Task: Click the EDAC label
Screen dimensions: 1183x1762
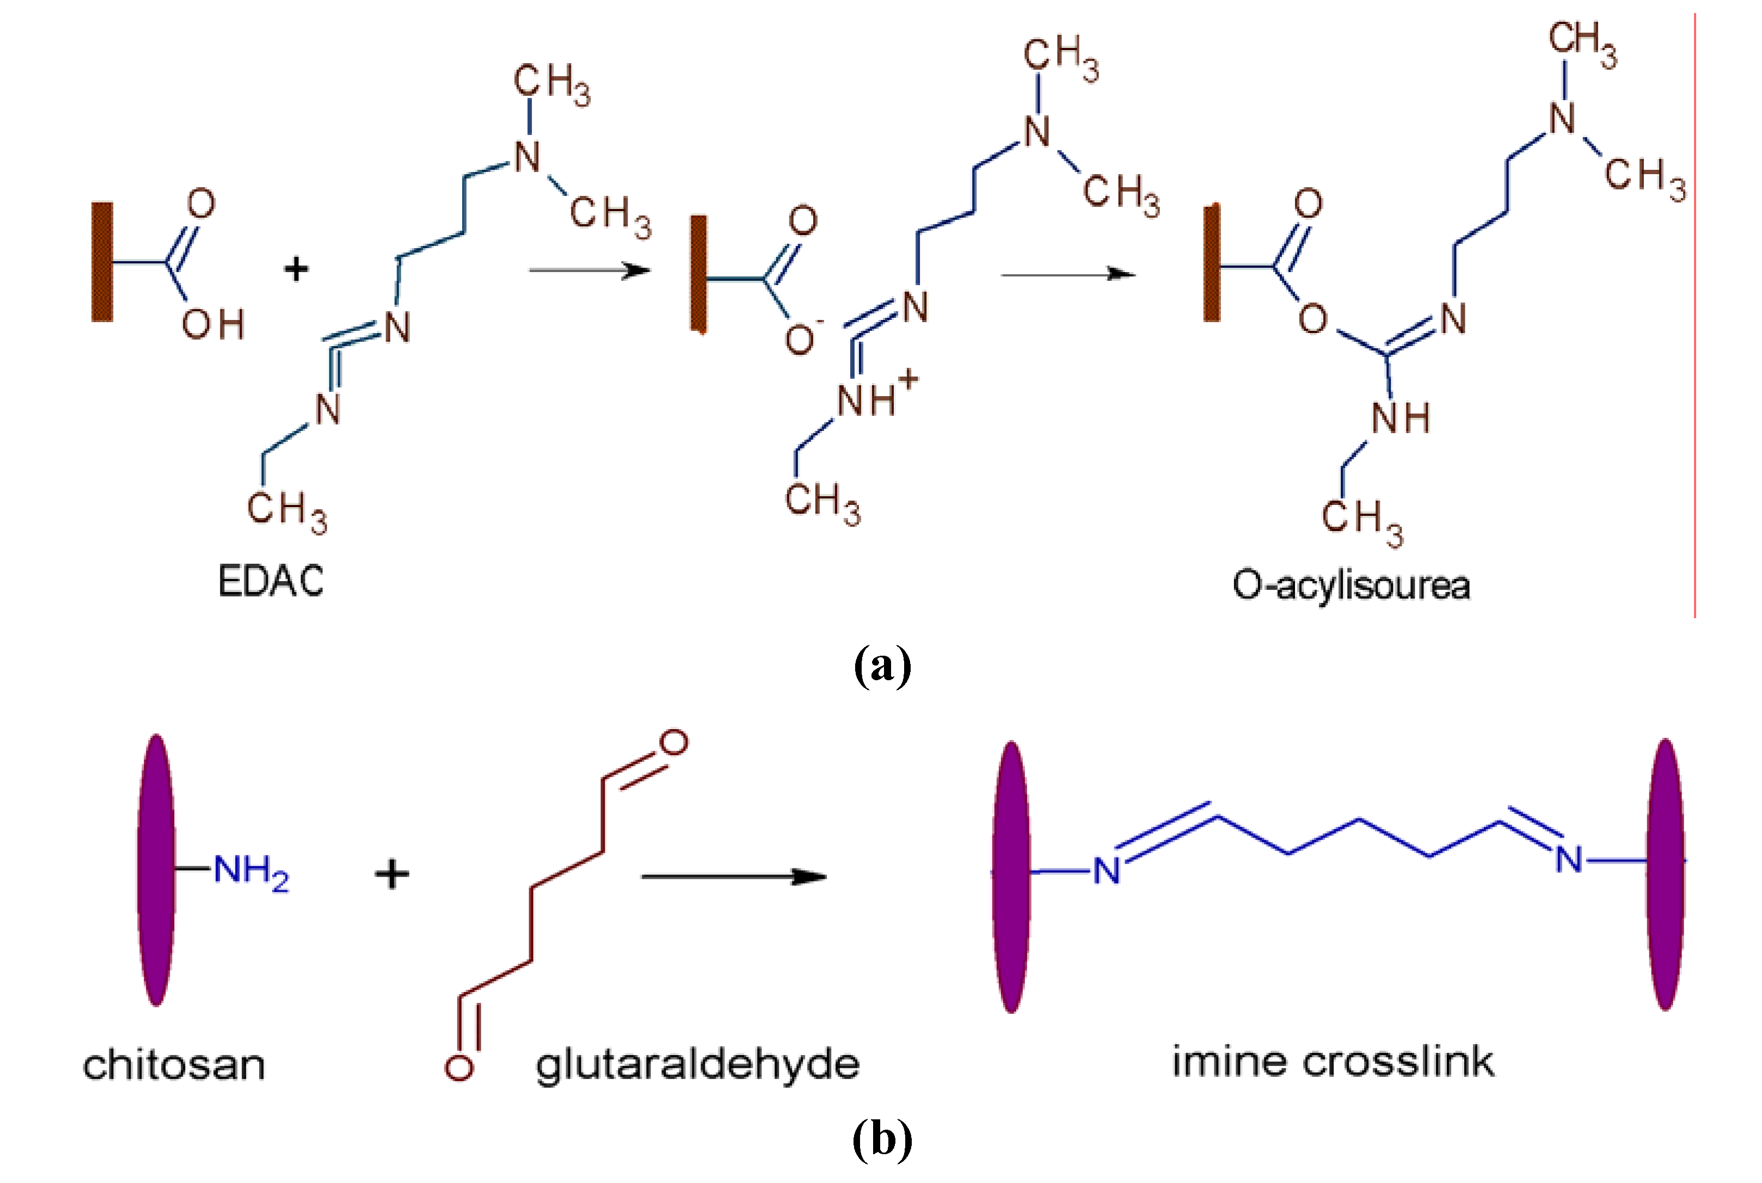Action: pyautogui.click(x=270, y=581)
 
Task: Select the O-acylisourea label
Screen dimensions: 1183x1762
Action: pyautogui.click(x=1350, y=586)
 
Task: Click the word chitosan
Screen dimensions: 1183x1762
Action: pyautogui.click(x=174, y=1064)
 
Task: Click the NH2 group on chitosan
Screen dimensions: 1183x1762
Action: pyautogui.click(x=250, y=871)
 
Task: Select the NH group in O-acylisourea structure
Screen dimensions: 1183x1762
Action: pyautogui.click(x=1400, y=418)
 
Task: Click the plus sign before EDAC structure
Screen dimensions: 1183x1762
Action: pyautogui.click(x=296, y=269)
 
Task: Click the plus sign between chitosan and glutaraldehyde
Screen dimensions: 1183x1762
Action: pyautogui.click(x=391, y=874)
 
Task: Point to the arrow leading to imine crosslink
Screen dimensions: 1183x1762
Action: pyautogui.click(x=733, y=876)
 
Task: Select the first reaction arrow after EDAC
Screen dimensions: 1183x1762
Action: pyautogui.click(x=588, y=270)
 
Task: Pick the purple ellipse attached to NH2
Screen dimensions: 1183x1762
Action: pyautogui.click(x=156, y=870)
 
